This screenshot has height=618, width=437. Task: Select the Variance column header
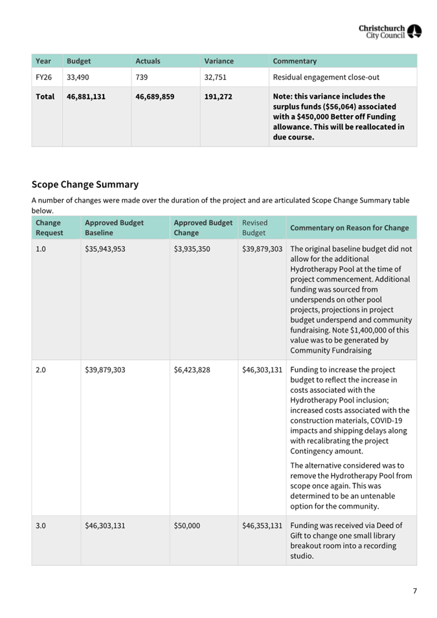coord(219,61)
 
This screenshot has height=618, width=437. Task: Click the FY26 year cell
coord(43,77)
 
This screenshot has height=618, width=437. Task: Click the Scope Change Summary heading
coord(85,184)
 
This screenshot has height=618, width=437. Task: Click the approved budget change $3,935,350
coord(192,248)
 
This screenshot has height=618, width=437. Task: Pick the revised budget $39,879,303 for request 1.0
coord(262,248)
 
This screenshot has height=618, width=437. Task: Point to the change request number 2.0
coord(41,370)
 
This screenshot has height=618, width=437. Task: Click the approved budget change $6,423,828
coord(192,370)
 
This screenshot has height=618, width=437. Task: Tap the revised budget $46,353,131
coord(262,526)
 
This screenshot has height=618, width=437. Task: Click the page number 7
coord(415,591)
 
